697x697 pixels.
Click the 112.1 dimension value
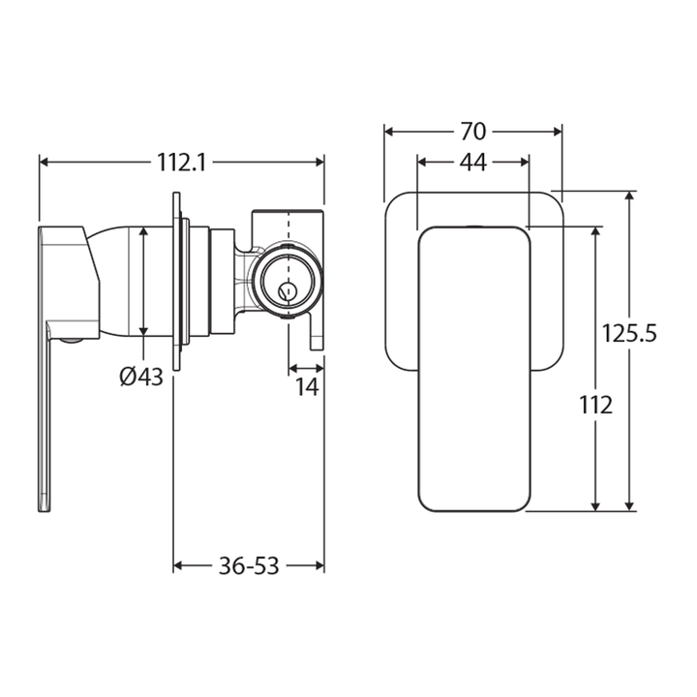coord(181,163)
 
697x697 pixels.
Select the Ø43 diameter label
coord(141,378)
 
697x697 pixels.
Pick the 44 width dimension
coord(471,163)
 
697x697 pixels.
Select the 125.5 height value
coord(629,334)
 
